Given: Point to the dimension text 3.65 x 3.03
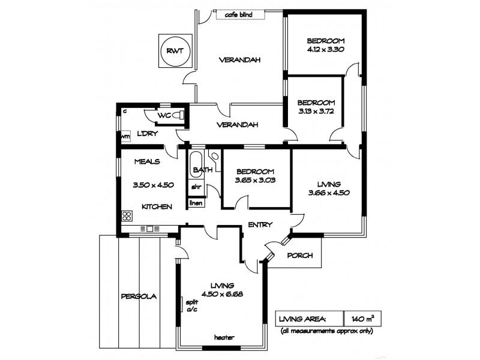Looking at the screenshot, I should click(x=255, y=179).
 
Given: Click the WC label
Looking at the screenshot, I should click(x=164, y=116).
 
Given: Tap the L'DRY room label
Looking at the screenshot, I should click(x=147, y=133).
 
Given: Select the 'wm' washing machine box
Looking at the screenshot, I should click(x=125, y=137).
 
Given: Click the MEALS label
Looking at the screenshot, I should click(x=146, y=161).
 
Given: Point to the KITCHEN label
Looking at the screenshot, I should click(x=157, y=206).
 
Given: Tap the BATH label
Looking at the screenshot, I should click(x=202, y=171).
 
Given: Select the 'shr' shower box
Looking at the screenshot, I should click(x=196, y=187).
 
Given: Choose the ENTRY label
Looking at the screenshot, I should click(x=260, y=225).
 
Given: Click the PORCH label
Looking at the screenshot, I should click(x=300, y=255).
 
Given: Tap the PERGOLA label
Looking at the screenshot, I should click(x=139, y=296).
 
